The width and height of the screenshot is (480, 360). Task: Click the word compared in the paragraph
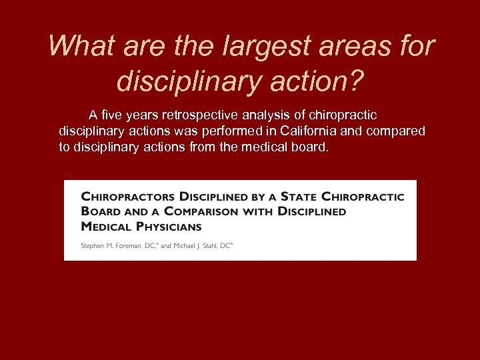pos(395,131)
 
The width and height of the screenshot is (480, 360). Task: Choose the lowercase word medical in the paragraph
pos(255,147)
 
